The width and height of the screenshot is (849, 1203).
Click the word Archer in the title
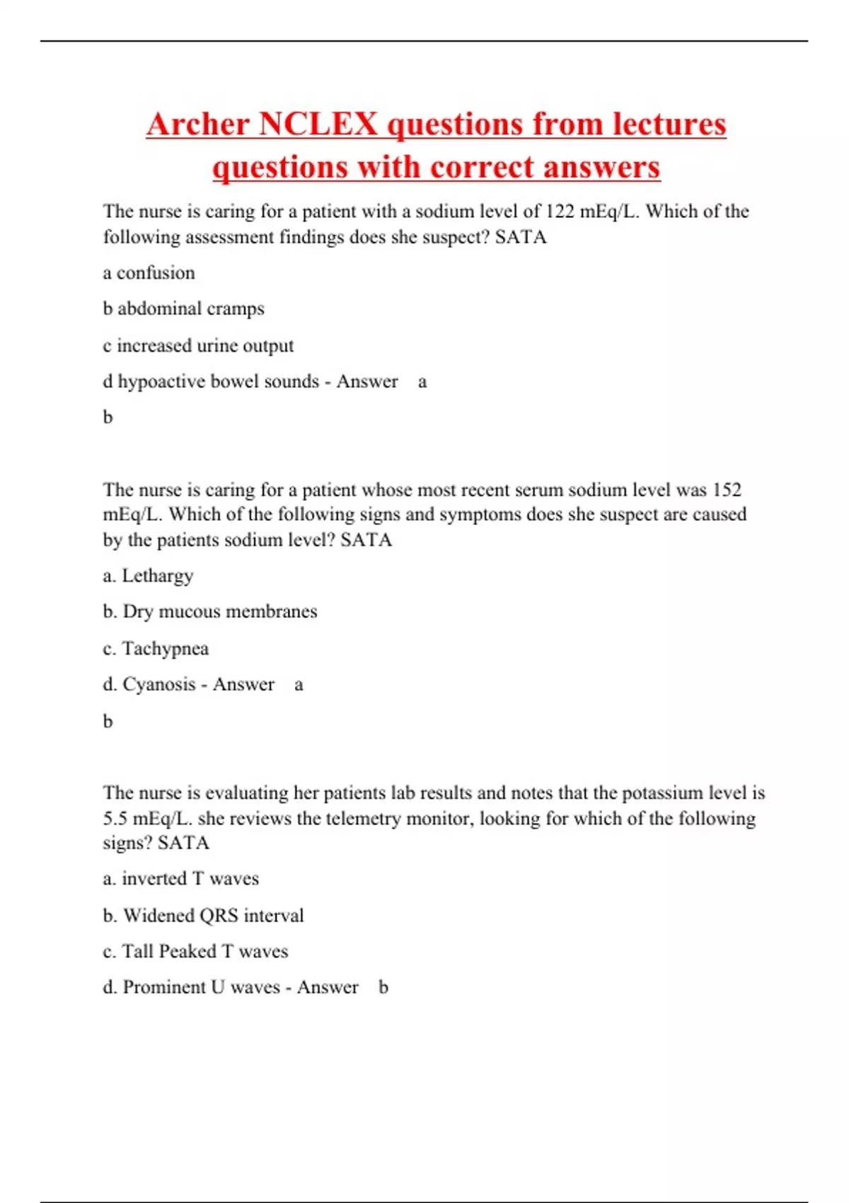coord(198,124)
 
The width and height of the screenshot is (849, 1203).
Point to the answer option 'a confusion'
coord(149,273)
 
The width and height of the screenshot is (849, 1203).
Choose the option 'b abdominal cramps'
coord(183,309)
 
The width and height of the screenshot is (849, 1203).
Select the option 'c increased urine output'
coord(198,345)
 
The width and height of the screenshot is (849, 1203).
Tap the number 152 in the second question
coord(727,490)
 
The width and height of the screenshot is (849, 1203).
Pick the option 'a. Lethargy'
coord(148,576)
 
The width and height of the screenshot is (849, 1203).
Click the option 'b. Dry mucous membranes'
coord(210,611)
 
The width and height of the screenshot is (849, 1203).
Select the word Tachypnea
coord(166,648)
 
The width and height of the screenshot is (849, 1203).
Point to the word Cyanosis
coord(159,684)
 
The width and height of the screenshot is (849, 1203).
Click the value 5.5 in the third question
coord(115,819)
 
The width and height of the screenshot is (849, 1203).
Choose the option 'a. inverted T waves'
coord(181,879)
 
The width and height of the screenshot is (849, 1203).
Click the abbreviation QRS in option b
coord(219,916)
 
